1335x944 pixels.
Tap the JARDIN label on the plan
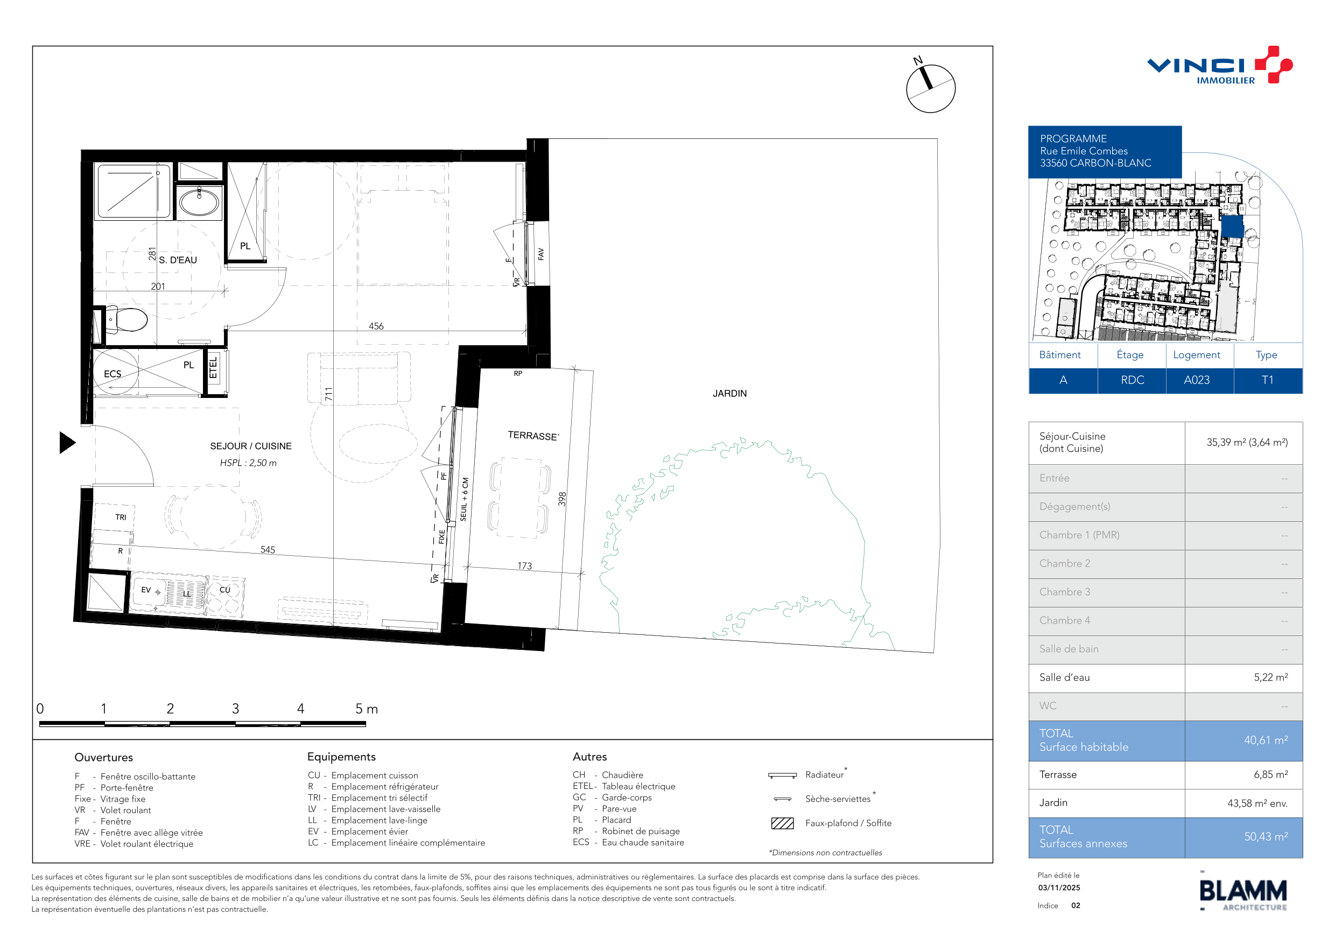point(730,394)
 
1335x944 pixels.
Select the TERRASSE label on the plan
point(533,436)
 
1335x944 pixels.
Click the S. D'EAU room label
point(178,260)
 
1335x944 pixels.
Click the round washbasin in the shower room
point(199,202)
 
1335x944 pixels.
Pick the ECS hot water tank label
point(112,374)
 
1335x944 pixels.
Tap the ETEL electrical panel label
point(213,368)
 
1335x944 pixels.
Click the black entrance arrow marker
point(67,443)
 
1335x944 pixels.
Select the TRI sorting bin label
point(121,517)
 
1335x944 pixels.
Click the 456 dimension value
point(376,326)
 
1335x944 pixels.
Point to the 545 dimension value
point(268,550)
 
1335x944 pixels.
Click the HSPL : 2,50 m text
point(248,463)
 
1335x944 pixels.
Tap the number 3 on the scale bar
point(235,709)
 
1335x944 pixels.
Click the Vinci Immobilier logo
point(1219,65)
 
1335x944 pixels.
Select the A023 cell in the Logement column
point(1197,380)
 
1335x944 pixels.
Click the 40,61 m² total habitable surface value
point(1266,740)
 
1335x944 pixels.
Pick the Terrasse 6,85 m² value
point(1270,775)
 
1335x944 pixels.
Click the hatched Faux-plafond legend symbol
point(782,823)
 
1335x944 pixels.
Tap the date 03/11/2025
point(1059,887)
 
